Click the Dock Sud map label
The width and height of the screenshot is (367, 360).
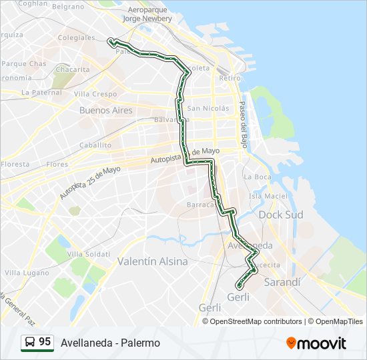[x=280, y=215]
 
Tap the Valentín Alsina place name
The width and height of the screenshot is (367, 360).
[x=152, y=261]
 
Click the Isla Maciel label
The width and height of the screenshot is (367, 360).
[x=267, y=196]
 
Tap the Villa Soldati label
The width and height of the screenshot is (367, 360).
[x=89, y=254]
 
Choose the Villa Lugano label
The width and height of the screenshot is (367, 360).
[x=23, y=273]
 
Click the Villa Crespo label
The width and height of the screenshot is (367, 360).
[x=95, y=94]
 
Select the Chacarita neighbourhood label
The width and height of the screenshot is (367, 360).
[x=73, y=69]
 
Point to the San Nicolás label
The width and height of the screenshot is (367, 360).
[x=208, y=108]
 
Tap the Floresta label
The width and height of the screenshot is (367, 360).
[x=15, y=164]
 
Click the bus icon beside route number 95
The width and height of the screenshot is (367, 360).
[x=29, y=343]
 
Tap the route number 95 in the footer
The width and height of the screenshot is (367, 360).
[x=45, y=342]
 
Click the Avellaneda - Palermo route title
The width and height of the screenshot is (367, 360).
[x=110, y=343]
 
